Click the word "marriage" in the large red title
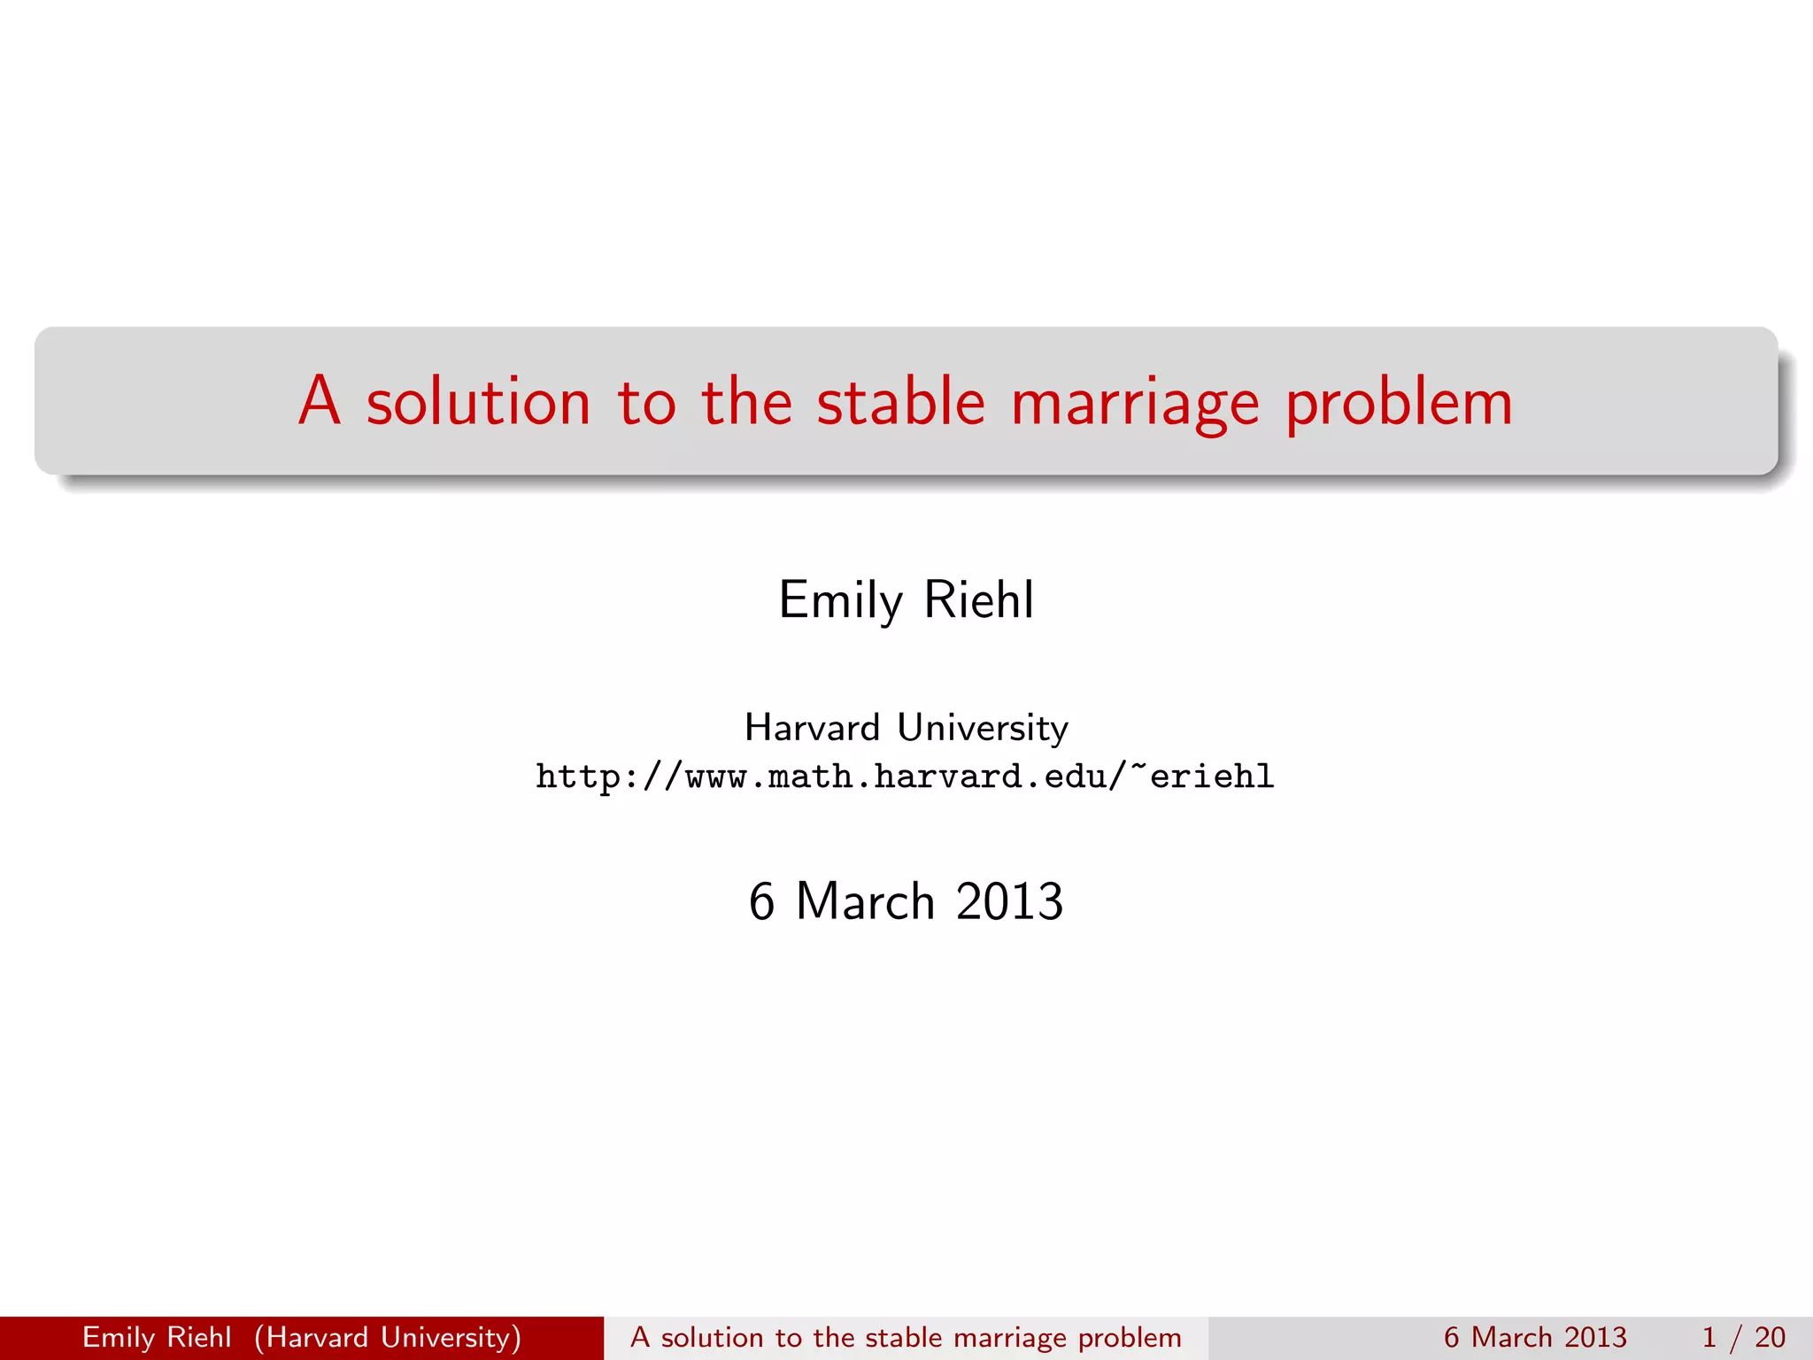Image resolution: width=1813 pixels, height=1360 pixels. tap(1135, 404)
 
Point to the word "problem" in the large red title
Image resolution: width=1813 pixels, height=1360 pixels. tap(1399, 404)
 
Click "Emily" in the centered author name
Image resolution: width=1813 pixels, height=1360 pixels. tap(840, 600)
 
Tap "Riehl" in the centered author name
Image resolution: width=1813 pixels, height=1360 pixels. tap(978, 599)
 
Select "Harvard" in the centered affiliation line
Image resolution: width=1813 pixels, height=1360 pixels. tap(812, 728)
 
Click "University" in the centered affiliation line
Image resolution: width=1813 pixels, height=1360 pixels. tap(983, 728)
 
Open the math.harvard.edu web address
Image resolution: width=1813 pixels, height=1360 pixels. tap(905, 777)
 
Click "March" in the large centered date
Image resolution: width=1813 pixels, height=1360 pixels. tap(865, 901)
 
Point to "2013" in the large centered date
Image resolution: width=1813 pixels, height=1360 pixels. tap(1009, 901)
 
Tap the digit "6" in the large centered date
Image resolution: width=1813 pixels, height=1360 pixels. tap(761, 901)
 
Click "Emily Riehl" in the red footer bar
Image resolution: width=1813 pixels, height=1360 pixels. tap(157, 1337)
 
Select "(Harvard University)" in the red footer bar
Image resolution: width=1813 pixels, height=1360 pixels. tap(388, 1337)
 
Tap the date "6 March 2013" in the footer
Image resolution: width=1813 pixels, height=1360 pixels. tap(1535, 1337)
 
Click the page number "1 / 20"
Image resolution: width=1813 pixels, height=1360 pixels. tap(1743, 1337)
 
